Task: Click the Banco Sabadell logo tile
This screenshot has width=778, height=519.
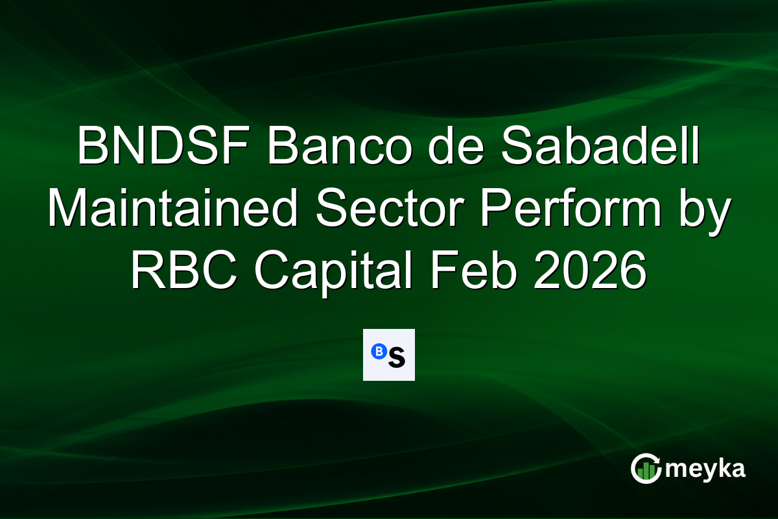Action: tap(388, 354)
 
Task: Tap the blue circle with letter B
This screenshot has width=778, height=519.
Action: tap(377, 351)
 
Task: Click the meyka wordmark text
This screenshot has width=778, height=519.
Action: tap(706, 468)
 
